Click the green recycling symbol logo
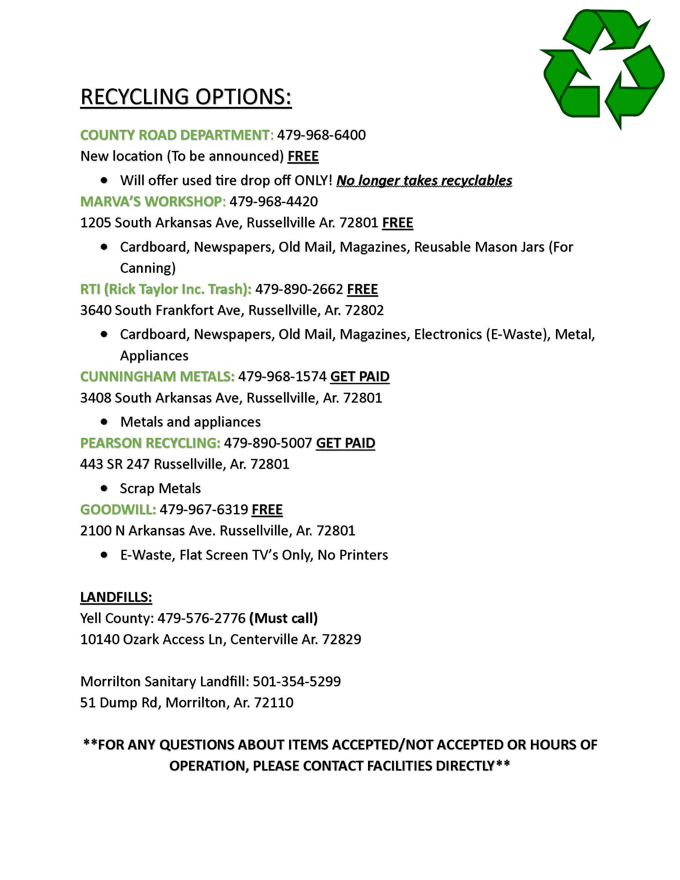pos(602,68)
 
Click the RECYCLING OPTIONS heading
pos(186,97)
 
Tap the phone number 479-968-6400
pos(321,135)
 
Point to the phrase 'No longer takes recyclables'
pos(424,180)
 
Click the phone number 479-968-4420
pos(273,201)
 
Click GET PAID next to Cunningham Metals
pos(360,376)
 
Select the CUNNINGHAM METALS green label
pos(157,376)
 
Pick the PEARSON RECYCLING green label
pos(150,443)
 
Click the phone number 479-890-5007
pos(268,443)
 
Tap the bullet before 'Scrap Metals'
pos(104,488)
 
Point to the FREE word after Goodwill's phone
pos(267,509)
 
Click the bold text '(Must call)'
pos(284,618)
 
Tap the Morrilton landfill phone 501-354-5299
pos(296,681)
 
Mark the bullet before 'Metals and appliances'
pos(104,422)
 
